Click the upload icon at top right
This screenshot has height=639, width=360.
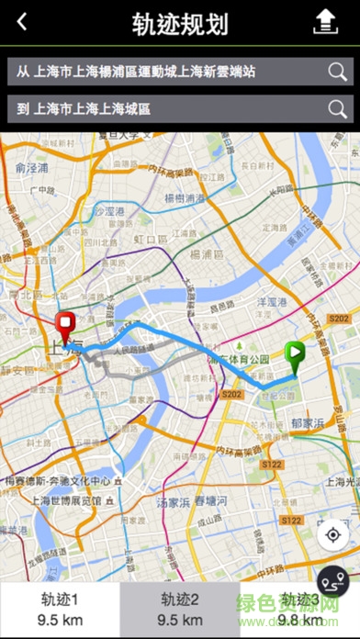(326, 23)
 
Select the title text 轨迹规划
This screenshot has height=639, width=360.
(180, 24)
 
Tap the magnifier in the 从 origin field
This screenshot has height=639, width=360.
(338, 71)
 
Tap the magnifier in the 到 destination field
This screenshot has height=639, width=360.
(338, 109)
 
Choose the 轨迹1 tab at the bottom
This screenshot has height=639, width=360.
(60, 609)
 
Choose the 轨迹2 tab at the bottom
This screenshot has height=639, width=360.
(180, 609)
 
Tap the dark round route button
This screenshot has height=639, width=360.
(332, 582)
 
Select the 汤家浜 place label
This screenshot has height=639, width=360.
(173, 503)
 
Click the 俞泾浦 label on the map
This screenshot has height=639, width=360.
(31, 169)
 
